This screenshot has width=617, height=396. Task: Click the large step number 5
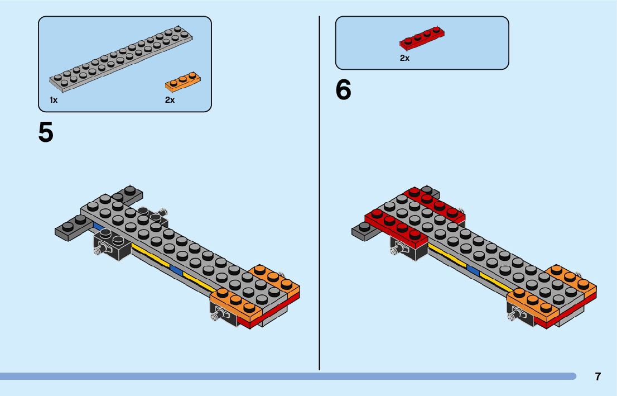point(46,132)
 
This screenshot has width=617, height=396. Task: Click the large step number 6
point(343,90)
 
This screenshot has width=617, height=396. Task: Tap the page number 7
point(597,376)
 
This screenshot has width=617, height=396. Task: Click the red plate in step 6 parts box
point(422,39)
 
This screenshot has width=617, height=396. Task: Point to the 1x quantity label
point(54,100)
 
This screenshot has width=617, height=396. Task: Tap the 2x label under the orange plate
point(170,100)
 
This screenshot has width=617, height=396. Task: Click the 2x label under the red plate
point(404,58)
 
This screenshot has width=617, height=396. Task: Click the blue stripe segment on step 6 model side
point(473,271)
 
